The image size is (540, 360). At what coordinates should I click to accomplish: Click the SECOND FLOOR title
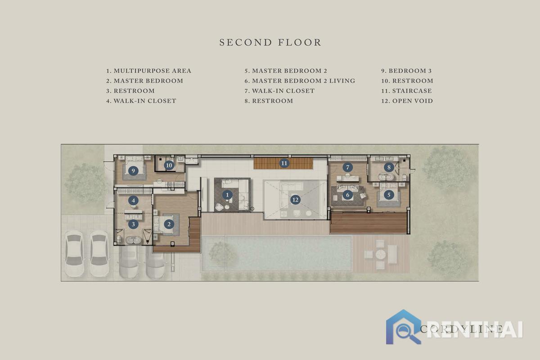pyautogui.click(x=270, y=42)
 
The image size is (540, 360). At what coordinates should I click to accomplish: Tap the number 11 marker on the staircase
pyautogui.click(x=284, y=163)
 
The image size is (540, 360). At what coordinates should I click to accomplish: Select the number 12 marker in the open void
pyautogui.click(x=295, y=200)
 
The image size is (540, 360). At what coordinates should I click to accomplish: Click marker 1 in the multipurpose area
pyautogui.click(x=227, y=195)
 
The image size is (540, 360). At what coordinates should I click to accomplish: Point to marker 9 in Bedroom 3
pyautogui.click(x=133, y=171)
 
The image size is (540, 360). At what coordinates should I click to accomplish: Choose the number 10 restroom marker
pyautogui.click(x=169, y=166)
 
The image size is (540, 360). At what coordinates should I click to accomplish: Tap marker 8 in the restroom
pyautogui.click(x=389, y=167)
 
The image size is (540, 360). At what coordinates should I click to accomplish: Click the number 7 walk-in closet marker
pyautogui.click(x=347, y=167)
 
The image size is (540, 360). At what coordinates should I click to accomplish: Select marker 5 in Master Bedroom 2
pyautogui.click(x=389, y=194)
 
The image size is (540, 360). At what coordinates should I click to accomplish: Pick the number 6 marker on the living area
pyautogui.click(x=347, y=195)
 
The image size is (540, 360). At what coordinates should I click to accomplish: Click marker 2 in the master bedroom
pyautogui.click(x=169, y=224)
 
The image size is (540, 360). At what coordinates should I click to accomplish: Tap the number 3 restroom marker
pyautogui.click(x=133, y=224)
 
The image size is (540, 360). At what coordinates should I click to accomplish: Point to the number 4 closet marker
pyautogui.click(x=133, y=200)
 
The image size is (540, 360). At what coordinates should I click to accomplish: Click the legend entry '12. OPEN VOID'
pyautogui.click(x=407, y=101)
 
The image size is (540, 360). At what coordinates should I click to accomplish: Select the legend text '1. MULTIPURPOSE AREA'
pyautogui.click(x=149, y=71)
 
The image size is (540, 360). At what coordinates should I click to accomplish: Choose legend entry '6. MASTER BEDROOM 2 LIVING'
pyautogui.click(x=300, y=81)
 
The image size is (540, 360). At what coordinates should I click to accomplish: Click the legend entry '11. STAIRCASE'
pyautogui.click(x=406, y=91)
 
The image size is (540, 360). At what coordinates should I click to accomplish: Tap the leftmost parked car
pyautogui.click(x=75, y=253)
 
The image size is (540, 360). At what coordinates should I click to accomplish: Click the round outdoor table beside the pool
pyautogui.click(x=380, y=254)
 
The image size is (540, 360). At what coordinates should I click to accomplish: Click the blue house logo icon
pyautogui.click(x=403, y=327)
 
